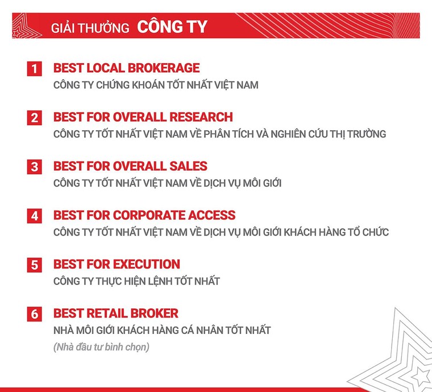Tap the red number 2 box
[x=35, y=118]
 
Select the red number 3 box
[x=35, y=167]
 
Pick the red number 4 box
[x=35, y=216]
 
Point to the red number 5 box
[x=35, y=265]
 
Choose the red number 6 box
[x=35, y=314]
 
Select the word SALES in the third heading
[x=188, y=166]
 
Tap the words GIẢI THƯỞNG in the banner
[x=90, y=28]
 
